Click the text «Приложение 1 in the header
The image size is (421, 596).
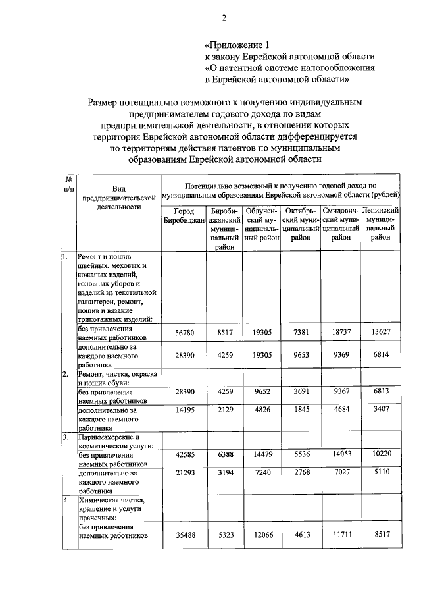[238, 45]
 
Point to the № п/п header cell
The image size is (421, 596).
[68, 184]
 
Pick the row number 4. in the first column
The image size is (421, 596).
[66, 499]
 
